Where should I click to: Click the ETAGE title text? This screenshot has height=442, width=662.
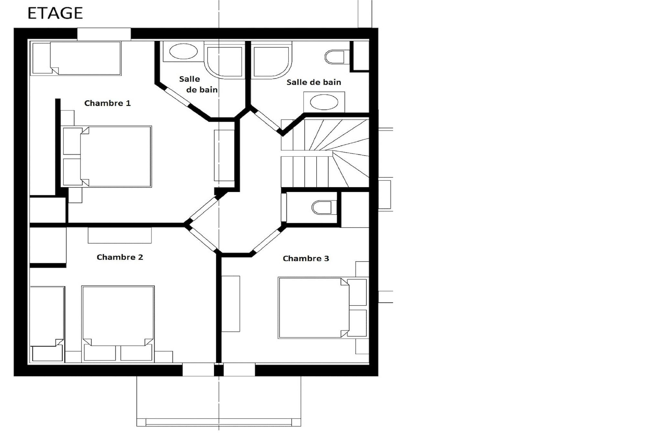(55, 13)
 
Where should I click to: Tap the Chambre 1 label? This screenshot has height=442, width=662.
(107, 103)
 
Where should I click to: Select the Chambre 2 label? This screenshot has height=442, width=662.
(120, 257)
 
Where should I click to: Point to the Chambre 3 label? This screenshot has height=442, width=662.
(306, 258)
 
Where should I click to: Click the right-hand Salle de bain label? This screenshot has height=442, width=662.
(314, 82)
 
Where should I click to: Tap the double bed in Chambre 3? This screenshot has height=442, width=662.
(323, 308)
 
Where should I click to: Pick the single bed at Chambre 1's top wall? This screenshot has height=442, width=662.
(76, 58)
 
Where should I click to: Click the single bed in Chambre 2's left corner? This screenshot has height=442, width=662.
(47, 324)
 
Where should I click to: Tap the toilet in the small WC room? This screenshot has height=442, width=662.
(322, 208)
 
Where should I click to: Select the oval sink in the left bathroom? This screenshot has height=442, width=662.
(183, 51)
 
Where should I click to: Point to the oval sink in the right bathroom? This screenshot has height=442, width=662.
(324, 102)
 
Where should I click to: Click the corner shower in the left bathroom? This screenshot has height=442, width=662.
(225, 60)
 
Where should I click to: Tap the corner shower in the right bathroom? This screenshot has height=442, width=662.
(272, 60)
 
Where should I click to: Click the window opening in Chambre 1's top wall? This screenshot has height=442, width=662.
(104, 34)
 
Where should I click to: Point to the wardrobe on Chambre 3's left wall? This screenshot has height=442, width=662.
(231, 304)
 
